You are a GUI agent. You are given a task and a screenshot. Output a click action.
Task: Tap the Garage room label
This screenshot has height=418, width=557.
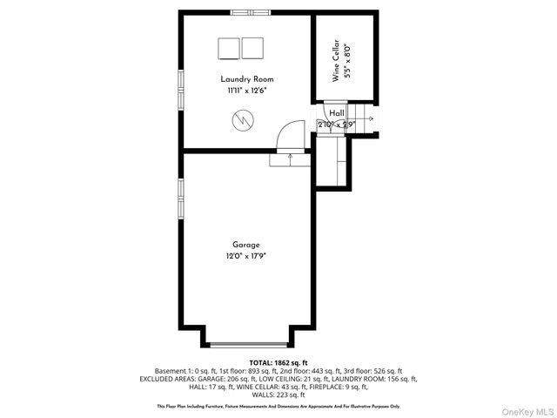(x=245, y=245)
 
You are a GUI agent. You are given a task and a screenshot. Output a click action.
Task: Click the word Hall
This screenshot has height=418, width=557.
(x=336, y=113)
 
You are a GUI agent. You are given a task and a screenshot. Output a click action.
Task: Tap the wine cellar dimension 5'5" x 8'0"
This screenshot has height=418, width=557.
(x=346, y=63)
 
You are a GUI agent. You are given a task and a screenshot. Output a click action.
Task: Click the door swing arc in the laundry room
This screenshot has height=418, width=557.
(x=285, y=135)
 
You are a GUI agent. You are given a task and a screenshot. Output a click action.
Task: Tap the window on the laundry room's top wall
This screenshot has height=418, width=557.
(x=252, y=12)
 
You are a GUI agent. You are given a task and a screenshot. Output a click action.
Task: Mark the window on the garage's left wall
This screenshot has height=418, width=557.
(x=181, y=200)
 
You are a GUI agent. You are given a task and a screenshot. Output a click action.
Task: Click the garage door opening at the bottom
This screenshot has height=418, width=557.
(x=246, y=345)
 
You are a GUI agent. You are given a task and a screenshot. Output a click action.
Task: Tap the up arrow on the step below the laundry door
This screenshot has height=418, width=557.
(x=290, y=158)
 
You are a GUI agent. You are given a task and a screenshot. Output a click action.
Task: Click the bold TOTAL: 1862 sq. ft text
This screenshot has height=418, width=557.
(x=278, y=362)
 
